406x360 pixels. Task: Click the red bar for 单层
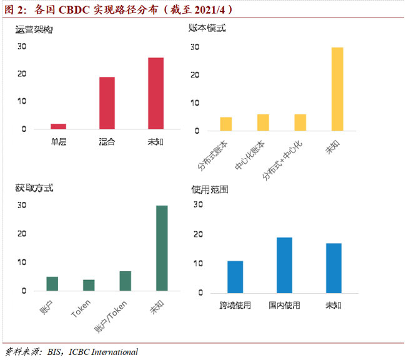click(x=59, y=126)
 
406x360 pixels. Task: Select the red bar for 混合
click(x=107, y=103)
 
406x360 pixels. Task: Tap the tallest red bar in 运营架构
click(x=156, y=93)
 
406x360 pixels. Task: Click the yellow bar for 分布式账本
click(x=226, y=124)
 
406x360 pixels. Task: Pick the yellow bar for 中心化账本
click(x=263, y=122)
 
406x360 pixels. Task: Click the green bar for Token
click(x=89, y=285)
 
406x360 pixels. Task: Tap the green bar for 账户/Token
click(x=126, y=281)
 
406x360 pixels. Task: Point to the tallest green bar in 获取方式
click(x=162, y=248)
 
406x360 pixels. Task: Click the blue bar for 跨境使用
click(x=235, y=276)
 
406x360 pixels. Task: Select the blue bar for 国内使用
click(x=284, y=265)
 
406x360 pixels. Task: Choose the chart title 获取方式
click(x=32, y=188)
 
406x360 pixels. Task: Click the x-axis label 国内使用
click(x=284, y=306)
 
